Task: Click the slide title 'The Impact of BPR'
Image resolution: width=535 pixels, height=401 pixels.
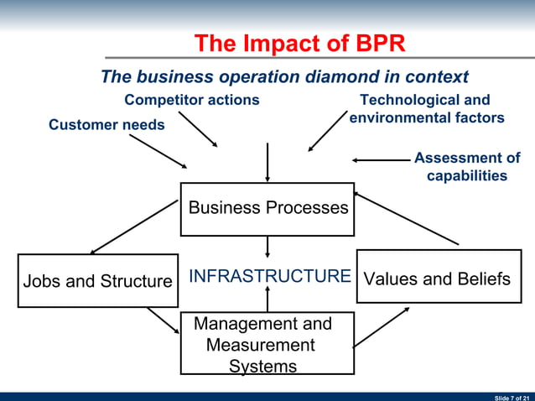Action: click(299, 44)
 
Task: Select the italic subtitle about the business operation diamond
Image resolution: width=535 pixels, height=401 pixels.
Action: click(284, 77)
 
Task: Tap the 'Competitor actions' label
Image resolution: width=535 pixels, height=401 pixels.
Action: click(192, 100)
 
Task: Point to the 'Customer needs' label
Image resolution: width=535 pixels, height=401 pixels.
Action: click(106, 125)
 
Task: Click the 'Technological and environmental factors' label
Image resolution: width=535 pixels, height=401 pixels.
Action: click(426, 109)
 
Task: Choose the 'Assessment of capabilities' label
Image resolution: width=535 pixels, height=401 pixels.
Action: click(466, 167)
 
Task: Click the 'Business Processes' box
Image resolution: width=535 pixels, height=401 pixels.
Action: click(267, 208)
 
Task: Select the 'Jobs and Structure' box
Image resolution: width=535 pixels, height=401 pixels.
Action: click(97, 281)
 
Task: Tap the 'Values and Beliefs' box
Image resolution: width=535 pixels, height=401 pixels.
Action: click(436, 279)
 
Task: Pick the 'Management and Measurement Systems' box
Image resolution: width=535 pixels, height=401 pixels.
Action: click(267, 344)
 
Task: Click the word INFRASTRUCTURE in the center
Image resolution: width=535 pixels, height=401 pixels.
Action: click(269, 276)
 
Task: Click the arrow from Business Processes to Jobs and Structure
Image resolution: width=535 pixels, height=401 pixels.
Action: click(135, 227)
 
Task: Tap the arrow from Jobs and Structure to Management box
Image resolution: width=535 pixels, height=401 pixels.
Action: click(163, 319)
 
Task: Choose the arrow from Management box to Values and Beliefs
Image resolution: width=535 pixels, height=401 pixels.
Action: click(382, 326)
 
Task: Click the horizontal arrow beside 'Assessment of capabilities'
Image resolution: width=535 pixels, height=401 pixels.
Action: click(381, 159)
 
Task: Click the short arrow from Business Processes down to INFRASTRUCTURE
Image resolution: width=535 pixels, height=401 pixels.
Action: click(267, 246)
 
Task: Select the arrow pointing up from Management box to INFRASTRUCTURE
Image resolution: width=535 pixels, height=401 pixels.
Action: click(267, 298)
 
